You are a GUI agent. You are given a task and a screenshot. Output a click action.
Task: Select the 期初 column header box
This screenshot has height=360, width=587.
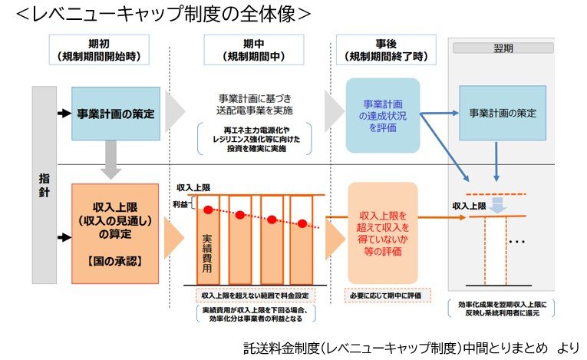coord(97,49)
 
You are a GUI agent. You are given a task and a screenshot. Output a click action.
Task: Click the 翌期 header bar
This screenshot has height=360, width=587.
coord(503,48)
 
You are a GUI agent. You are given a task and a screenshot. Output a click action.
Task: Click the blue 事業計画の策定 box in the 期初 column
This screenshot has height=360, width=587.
coord(115,114)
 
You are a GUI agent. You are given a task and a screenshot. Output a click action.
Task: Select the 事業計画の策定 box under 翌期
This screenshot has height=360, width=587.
coord(503,114)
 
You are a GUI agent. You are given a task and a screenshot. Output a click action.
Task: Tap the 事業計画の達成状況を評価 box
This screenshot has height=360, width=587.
coord(382,114)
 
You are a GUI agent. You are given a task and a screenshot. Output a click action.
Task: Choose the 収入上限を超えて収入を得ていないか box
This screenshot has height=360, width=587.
coord(382,231)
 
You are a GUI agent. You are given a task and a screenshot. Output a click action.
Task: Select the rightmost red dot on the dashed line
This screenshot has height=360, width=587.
coord(302,223)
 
